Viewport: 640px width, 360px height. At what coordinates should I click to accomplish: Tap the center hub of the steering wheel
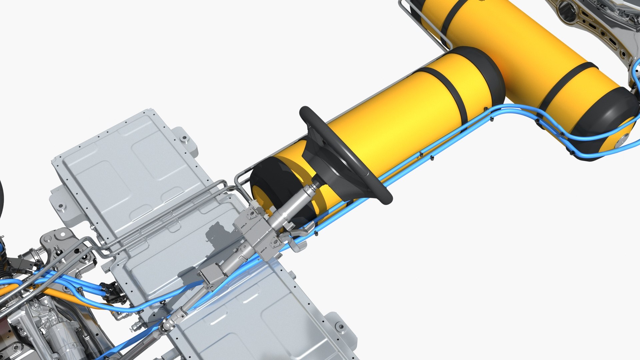click(x=337, y=173)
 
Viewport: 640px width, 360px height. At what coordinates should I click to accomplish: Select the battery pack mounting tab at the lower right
click(x=340, y=328)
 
